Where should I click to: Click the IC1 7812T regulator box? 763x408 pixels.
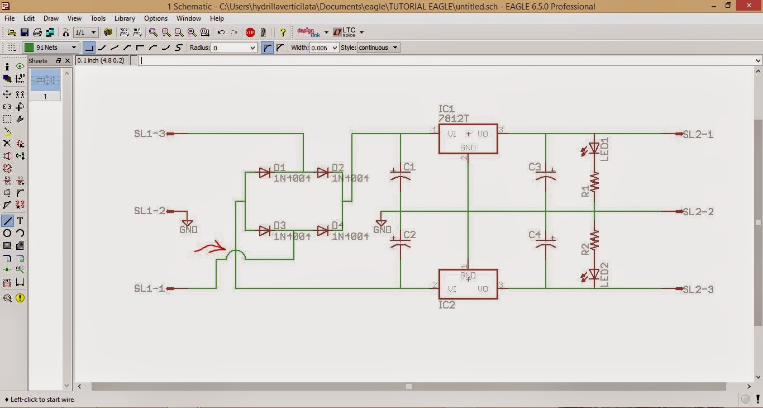click(x=468, y=139)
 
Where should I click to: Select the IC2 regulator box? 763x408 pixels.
click(x=468, y=284)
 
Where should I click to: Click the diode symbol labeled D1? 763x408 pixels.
click(x=265, y=173)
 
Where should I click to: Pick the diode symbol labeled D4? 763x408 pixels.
click(x=323, y=230)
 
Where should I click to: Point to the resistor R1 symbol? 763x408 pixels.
click(x=594, y=181)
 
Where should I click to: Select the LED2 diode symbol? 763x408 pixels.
click(x=594, y=274)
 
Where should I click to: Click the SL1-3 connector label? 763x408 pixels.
click(x=150, y=134)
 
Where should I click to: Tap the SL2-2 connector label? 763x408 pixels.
click(x=698, y=212)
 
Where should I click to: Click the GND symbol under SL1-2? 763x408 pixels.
click(x=188, y=222)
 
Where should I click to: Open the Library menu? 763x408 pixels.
click(x=125, y=18)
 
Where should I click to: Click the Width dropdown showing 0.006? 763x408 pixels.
click(x=324, y=48)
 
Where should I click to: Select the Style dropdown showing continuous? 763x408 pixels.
click(x=378, y=48)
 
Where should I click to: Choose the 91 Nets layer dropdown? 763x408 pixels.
click(x=50, y=48)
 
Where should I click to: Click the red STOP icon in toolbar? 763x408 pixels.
click(x=250, y=32)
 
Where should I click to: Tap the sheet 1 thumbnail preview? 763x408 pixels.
click(x=45, y=80)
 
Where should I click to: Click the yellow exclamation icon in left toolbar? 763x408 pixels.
click(x=20, y=298)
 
